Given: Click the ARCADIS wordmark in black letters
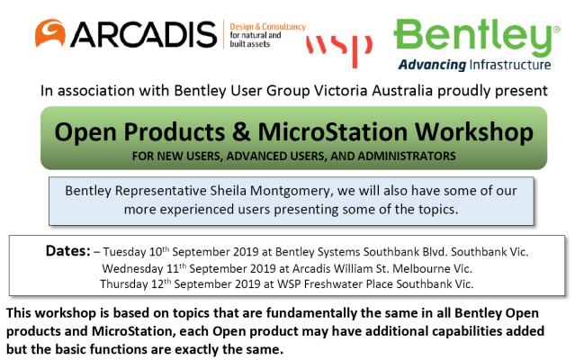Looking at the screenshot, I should tap(143, 35).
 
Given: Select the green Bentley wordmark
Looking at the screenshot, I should tap(475, 35).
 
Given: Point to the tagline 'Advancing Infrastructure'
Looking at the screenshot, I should tap(474, 66).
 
